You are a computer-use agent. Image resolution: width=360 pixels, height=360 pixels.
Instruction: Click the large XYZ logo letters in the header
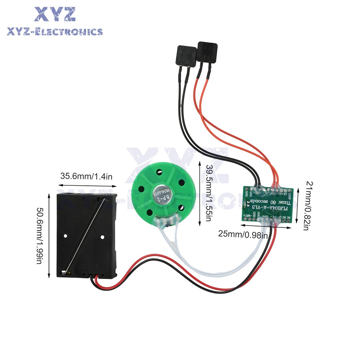(55, 14)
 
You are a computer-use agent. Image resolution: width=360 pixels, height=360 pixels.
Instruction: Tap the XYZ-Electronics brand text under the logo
(55, 32)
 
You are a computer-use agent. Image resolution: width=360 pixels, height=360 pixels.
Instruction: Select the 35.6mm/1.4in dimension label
(86, 176)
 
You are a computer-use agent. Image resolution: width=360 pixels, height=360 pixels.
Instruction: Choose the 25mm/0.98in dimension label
(243, 234)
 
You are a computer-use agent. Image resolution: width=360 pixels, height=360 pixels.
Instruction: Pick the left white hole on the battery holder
(66, 236)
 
